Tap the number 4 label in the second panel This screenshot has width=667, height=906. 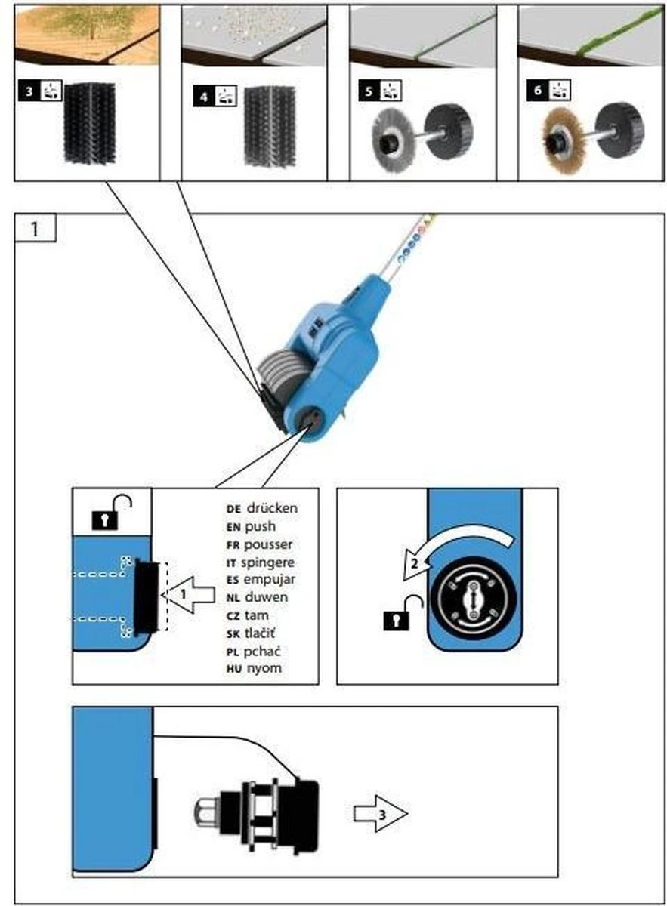coord(201,95)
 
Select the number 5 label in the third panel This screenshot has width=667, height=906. coord(368,91)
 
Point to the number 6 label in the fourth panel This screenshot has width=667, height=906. coord(537,91)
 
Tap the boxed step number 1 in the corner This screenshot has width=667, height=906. coord(34,229)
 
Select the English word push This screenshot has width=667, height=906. coord(261,526)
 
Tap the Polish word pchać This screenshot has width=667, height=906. coord(266,651)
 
